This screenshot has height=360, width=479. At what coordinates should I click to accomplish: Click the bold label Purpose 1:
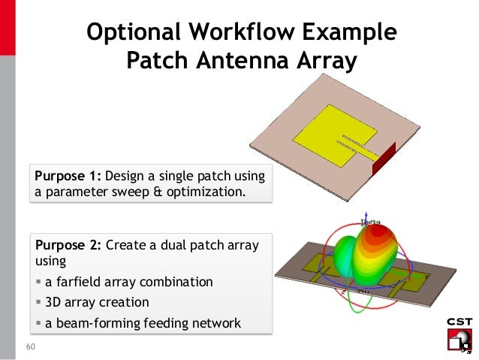click(x=66, y=177)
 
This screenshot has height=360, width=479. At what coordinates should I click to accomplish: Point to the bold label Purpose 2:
click(x=67, y=245)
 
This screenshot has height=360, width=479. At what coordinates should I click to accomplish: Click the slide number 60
click(x=31, y=347)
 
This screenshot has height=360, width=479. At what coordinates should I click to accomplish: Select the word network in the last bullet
click(x=217, y=324)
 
